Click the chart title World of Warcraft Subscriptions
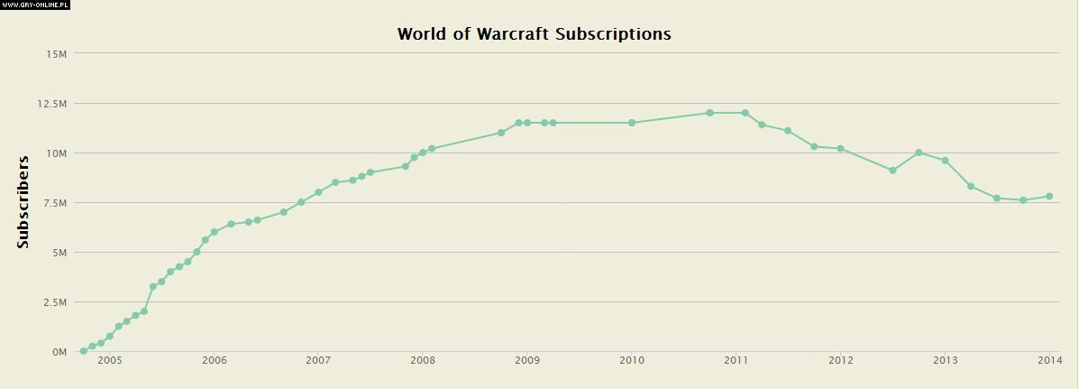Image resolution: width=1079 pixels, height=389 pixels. (534, 34)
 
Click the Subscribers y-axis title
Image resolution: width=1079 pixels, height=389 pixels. (23, 202)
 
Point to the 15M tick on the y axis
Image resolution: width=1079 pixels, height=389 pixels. (56, 54)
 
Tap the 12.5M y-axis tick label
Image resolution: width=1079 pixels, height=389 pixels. (52, 104)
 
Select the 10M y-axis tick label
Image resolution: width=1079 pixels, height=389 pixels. (56, 153)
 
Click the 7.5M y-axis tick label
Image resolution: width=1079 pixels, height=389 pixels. (54, 203)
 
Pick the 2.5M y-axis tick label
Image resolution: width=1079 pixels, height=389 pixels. (54, 302)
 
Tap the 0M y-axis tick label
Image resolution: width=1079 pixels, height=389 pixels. (59, 352)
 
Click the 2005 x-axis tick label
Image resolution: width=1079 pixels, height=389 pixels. (109, 361)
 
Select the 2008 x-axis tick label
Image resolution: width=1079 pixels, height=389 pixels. (423, 361)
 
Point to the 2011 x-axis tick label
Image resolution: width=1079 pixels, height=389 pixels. (736, 361)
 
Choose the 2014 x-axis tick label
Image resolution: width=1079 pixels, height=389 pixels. (1049, 361)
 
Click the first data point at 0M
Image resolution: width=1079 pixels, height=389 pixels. (83, 351)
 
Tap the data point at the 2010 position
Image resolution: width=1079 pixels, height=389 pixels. (632, 123)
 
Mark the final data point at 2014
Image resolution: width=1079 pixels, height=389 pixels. (1049, 196)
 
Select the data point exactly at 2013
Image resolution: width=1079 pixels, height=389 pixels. (945, 161)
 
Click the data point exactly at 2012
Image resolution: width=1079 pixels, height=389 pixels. (840, 148)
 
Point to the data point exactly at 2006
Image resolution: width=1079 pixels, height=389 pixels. (214, 232)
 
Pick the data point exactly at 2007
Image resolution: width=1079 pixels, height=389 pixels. (318, 192)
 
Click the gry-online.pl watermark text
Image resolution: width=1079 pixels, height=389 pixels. (35, 5)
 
